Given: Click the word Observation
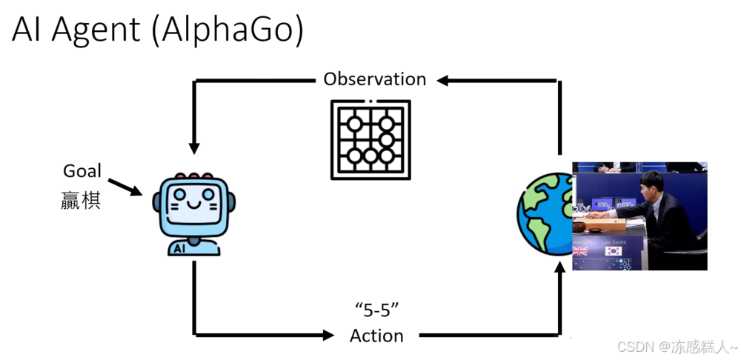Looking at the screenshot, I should [x=375, y=79].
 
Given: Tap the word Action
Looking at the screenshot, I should [x=376, y=336].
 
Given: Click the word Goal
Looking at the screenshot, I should [x=82, y=171].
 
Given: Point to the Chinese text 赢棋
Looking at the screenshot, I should [x=81, y=200].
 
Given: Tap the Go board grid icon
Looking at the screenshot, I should [x=370, y=139].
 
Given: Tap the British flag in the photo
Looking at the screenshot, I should [x=580, y=251].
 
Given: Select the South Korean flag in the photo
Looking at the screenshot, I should [x=613, y=251].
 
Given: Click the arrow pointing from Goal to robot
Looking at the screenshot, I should [x=124, y=187].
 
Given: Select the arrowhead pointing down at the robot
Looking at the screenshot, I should [x=194, y=147].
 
